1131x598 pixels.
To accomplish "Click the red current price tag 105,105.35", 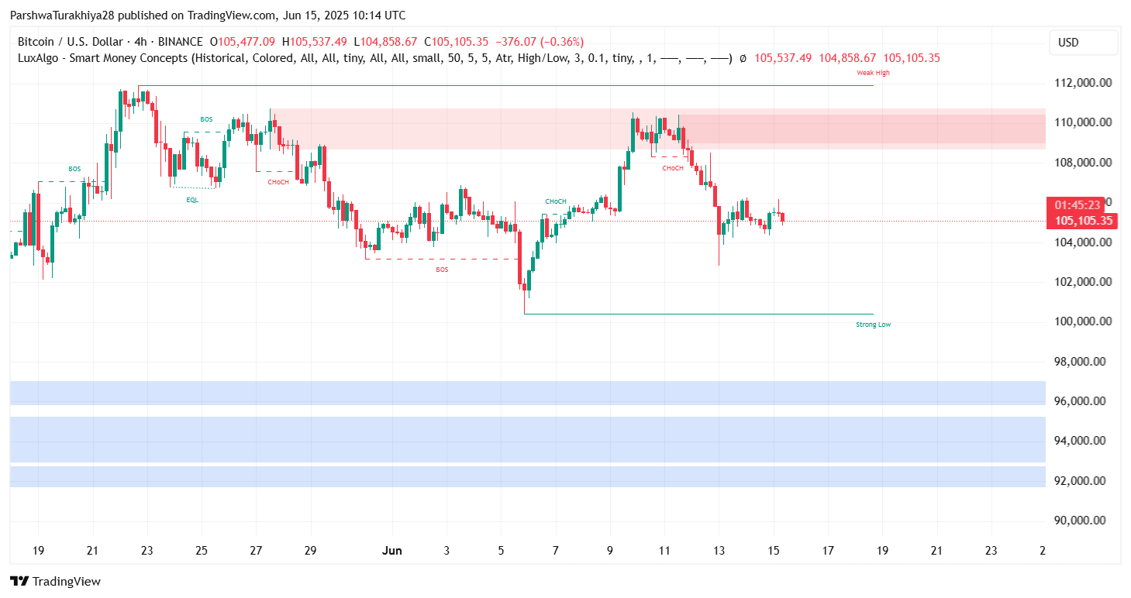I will click(x=1083, y=221).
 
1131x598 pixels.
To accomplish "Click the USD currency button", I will click(x=1068, y=43).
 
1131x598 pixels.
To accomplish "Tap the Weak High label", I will click(x=873, y=73).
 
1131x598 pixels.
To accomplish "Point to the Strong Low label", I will click(x=873, y=325).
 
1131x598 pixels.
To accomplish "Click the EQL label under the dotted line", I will click(x=192, y=199).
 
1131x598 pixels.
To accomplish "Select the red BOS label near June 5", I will click(x=442, y=270).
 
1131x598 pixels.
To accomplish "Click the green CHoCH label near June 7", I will click(x=555, y=201).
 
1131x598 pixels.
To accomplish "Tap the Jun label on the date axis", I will click(x=392, y=551).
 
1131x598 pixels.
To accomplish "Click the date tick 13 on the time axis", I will click(x=719, y=551).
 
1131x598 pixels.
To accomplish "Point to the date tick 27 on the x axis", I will click(x=256, y=551).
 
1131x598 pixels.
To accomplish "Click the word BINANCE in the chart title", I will click(x=179, y=42).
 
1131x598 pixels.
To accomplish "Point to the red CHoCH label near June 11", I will click(x=673, y=168).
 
